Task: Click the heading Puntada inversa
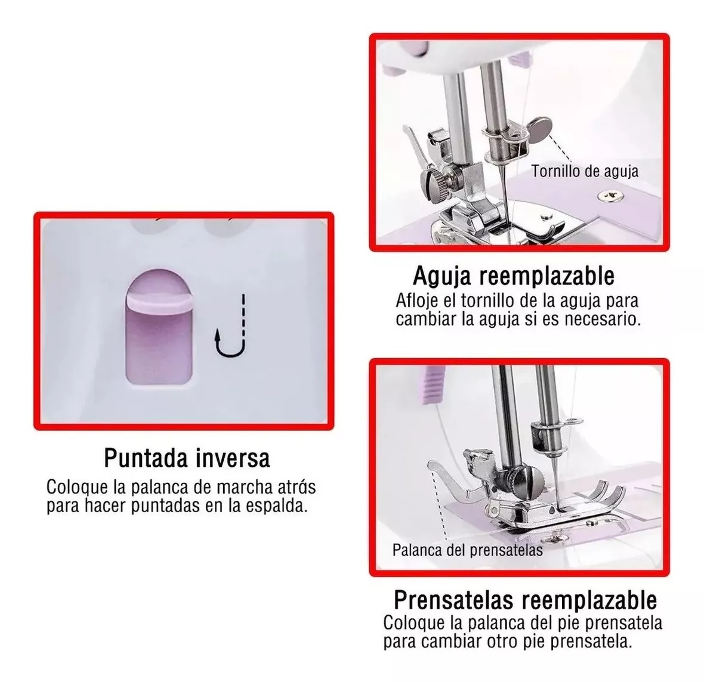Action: (x=187, y=458)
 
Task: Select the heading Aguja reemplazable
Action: (x=513, y=276)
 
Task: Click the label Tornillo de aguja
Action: (x=585, y=172)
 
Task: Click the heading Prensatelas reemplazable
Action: (x=525, y=599)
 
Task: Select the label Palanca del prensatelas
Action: (x=467, y=550)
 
